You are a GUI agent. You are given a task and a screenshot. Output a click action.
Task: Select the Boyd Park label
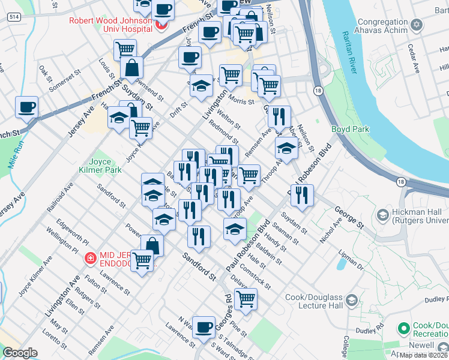(x=350, y=129)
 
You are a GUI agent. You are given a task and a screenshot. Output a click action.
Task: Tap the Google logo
(x=20, y=353)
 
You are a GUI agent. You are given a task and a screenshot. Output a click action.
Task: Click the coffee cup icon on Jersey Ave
(x=27, y=107)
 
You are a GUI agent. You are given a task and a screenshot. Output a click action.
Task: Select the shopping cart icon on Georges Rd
(x=245, y=298)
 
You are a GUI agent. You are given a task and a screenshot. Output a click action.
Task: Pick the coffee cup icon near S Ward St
(x=204, y=326)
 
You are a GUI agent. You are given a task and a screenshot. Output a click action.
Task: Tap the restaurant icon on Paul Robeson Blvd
(x=302, y=194)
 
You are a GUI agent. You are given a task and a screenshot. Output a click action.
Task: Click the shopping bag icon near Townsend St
(x=131, y=68)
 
